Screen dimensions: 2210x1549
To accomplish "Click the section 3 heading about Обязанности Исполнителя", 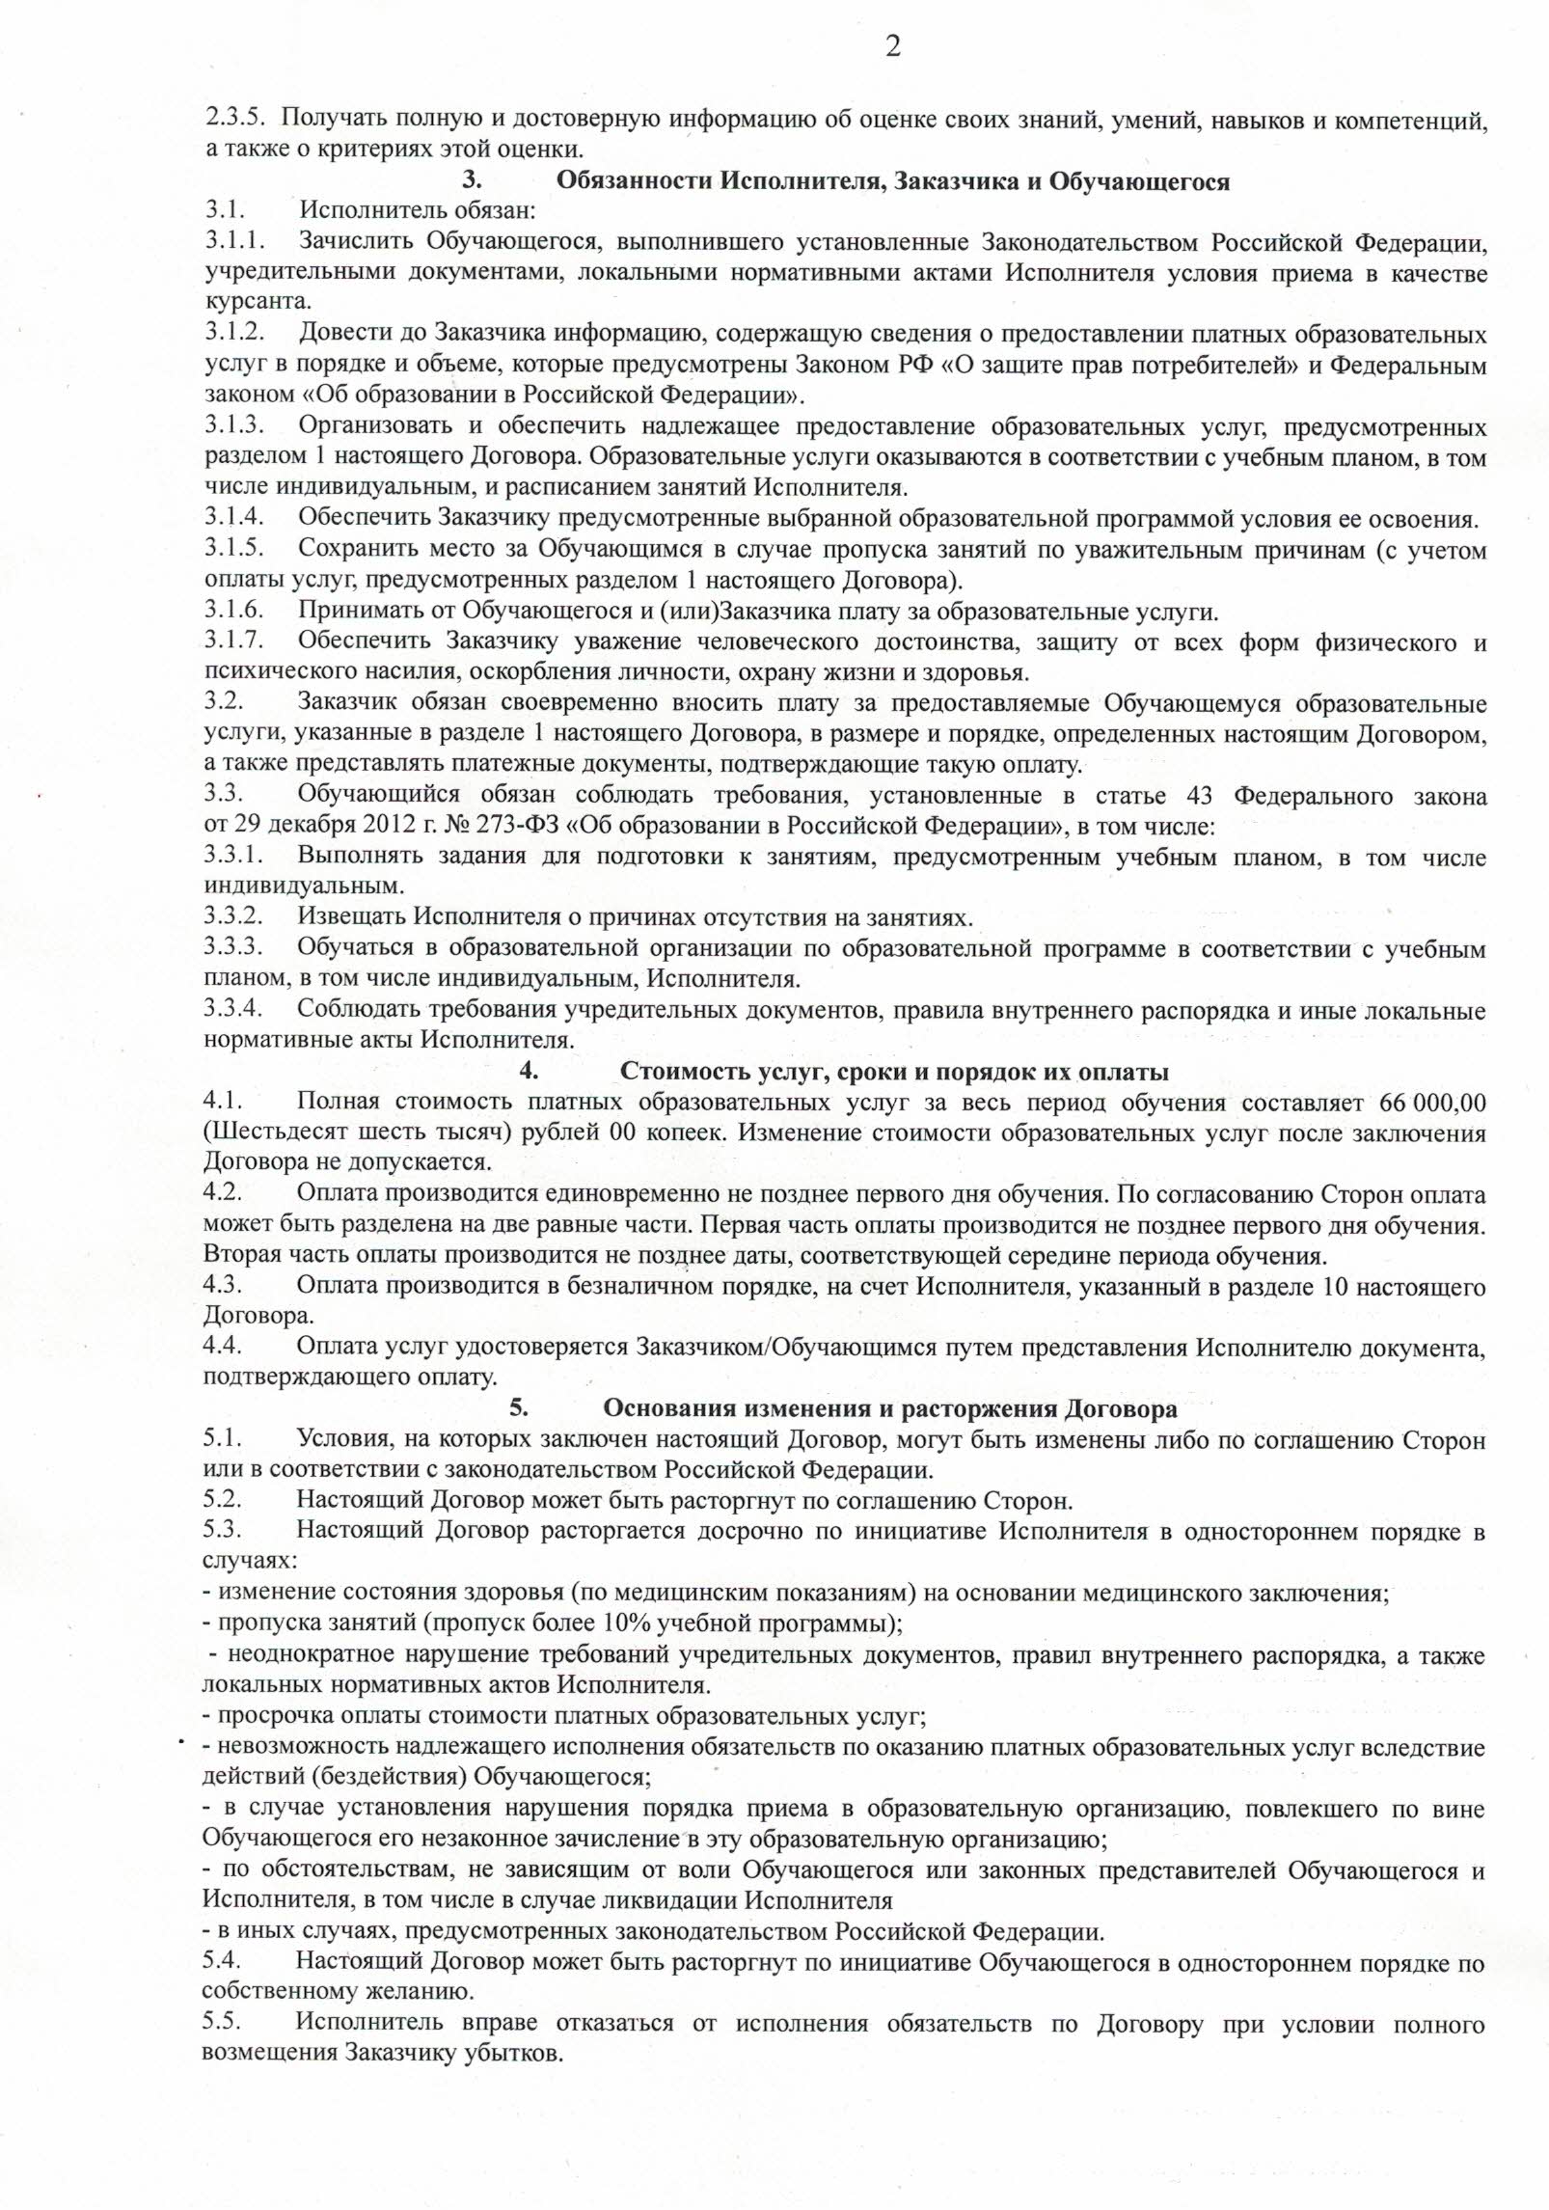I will point(893,181).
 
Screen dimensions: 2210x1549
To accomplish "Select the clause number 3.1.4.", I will point(233,520).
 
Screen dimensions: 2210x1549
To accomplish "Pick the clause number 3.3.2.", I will point(233,917).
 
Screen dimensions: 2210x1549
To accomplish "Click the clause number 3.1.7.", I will point(233,641).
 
